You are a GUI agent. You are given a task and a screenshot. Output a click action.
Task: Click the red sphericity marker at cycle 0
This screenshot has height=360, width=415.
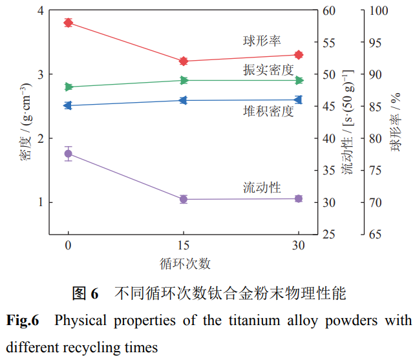pyautogui.click(x=68, y=23)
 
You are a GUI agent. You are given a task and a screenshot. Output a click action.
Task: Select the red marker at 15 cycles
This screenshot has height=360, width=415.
pyautogui.click(x=184, y=61)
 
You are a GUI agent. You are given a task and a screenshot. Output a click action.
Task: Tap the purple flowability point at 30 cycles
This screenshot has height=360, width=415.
pyautogui.click(x=299, y=198)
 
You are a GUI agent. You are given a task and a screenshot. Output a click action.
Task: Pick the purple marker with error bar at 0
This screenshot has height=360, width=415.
pyautogui.click(x=68, y=153)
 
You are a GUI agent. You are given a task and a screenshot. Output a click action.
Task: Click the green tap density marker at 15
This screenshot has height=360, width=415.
pyautogui.click(x=184, y=80)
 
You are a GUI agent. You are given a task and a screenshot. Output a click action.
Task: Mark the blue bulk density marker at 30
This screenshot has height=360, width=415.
pyautogui.click(x=299, y=100)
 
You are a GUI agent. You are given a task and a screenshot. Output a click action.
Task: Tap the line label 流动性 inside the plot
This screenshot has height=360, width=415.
pyautogui.click(x=261, y=187)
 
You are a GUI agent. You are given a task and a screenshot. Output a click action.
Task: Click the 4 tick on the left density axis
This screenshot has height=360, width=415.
pyautogui.click(x=41, y=11)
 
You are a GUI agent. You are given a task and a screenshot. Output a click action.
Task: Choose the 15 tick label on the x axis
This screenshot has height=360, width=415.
pyautogui.click(x=184, y=246)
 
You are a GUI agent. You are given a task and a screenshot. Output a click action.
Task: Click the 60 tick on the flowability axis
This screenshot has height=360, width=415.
pyautogui.click(x=330, y=11)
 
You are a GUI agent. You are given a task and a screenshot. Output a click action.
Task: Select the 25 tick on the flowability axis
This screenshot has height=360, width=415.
pyautogui.click(x=330, y=234)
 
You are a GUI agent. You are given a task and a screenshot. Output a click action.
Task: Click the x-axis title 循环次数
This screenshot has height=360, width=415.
pyautogui.click(x=184, y=264)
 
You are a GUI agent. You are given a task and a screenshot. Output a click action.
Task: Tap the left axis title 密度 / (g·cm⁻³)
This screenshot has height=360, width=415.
pyautogui.click(x=24, y=123)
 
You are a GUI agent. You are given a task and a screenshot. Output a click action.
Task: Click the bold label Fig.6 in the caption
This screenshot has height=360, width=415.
pyautogui.click(x=23, y=320)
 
